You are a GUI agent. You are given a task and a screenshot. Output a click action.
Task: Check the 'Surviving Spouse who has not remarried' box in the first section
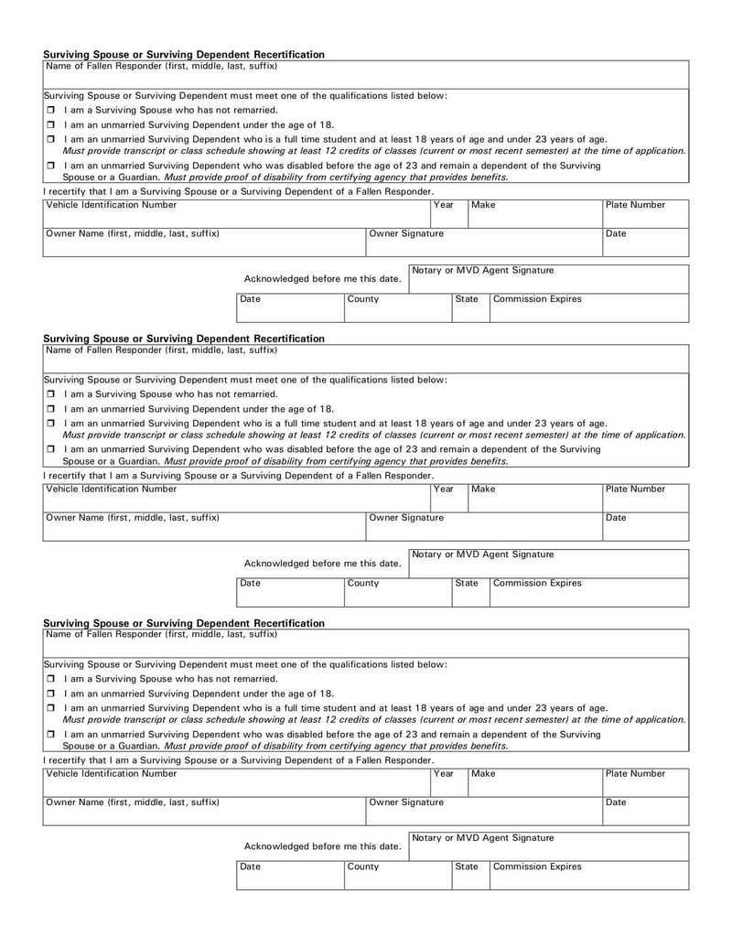50,110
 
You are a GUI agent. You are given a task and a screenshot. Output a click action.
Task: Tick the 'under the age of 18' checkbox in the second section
50,409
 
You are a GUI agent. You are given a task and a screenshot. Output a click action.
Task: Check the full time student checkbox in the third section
50,708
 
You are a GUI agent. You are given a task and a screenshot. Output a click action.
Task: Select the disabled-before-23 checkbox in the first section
50,167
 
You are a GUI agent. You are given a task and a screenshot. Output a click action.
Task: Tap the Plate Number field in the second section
645,497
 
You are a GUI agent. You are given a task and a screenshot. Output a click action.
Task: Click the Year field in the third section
448,781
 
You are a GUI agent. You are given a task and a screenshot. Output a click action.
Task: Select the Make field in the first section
534,212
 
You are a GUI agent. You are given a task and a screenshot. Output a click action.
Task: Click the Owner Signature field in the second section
483,525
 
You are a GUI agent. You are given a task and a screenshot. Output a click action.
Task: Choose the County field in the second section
396,592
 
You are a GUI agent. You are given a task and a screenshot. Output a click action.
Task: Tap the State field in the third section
469,876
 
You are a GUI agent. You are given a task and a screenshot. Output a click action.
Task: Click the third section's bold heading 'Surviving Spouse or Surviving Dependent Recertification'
184,623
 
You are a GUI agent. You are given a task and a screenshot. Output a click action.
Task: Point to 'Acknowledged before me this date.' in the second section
322,563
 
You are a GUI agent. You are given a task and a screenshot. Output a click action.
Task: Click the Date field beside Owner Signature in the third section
645,810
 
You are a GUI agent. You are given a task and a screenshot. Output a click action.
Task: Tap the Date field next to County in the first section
289,307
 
